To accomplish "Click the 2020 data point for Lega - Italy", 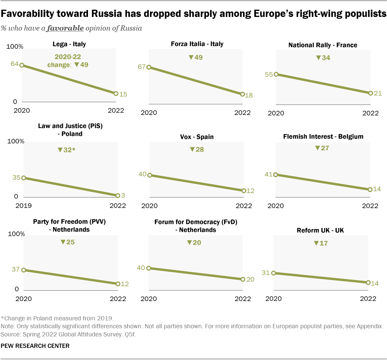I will pos(22,65).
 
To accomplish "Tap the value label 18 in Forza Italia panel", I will pos(249,95).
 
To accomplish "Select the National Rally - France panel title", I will pos(323,45).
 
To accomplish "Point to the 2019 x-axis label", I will pos(24,206).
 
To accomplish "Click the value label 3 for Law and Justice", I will pos(123,195).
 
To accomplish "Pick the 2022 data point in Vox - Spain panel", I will pos(244,191).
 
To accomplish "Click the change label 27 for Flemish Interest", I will pos(322,148).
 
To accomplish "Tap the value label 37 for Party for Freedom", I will pos(16,269).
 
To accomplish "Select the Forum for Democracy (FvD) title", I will pos(196,222).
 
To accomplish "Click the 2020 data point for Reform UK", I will pos(274,273).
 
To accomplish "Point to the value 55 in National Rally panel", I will pos(269,74).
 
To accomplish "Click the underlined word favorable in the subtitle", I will pos(65,28).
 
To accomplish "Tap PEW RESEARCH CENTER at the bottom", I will pos(35,346).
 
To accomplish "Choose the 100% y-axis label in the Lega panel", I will pos(15,47).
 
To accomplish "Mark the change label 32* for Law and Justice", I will pos(67,150).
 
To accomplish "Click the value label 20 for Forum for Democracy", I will pos(250,280).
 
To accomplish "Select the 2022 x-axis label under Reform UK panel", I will pos(368,299).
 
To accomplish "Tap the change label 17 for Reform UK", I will pos(321,243).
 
